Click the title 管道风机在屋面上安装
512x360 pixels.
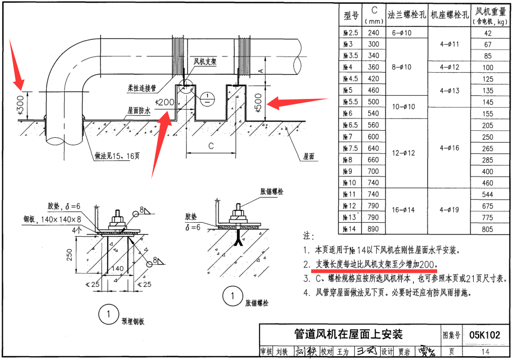[349, 334]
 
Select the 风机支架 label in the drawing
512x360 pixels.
[205, 62]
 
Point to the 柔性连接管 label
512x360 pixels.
[142, 87]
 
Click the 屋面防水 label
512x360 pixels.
[139, 110]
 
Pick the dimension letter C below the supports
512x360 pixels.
[211, 146]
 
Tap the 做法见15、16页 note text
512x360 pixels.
[117, 157]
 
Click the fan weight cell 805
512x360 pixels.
[488, 229]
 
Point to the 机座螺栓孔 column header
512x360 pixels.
[448, 16]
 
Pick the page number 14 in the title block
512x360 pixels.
[486, 351]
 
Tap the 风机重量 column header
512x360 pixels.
[489, 15]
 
